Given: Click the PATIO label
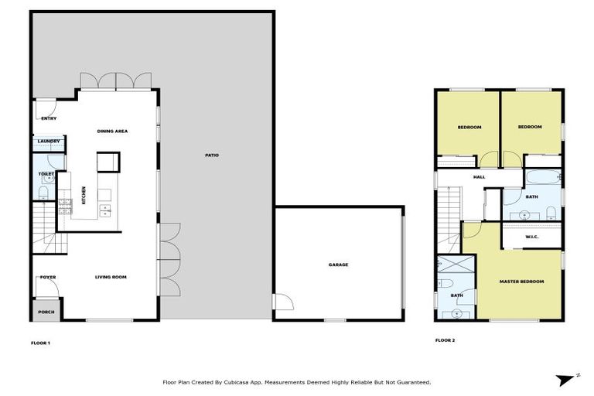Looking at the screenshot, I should tap(212, 155).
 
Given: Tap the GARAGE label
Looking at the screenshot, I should tap(338, 265).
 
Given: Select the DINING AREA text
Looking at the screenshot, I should tap(112, 131).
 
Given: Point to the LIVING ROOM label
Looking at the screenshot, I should tap(111, 277).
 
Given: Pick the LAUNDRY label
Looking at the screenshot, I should tap(49, 142).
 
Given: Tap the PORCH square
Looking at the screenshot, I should tap(46, 312).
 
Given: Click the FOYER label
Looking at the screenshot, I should tap(48, 277).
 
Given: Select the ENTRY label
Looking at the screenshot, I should tap(49, 118).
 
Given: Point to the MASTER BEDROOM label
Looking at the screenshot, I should tap(521, 281).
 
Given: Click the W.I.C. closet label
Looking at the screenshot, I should tap(531, 237).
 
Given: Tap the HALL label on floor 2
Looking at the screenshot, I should tap(480, 177).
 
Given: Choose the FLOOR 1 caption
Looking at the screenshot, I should tap(40, 341).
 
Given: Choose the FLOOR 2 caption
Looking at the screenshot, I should tap(444, 340).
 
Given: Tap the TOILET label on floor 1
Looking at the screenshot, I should tap(45, 175).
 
